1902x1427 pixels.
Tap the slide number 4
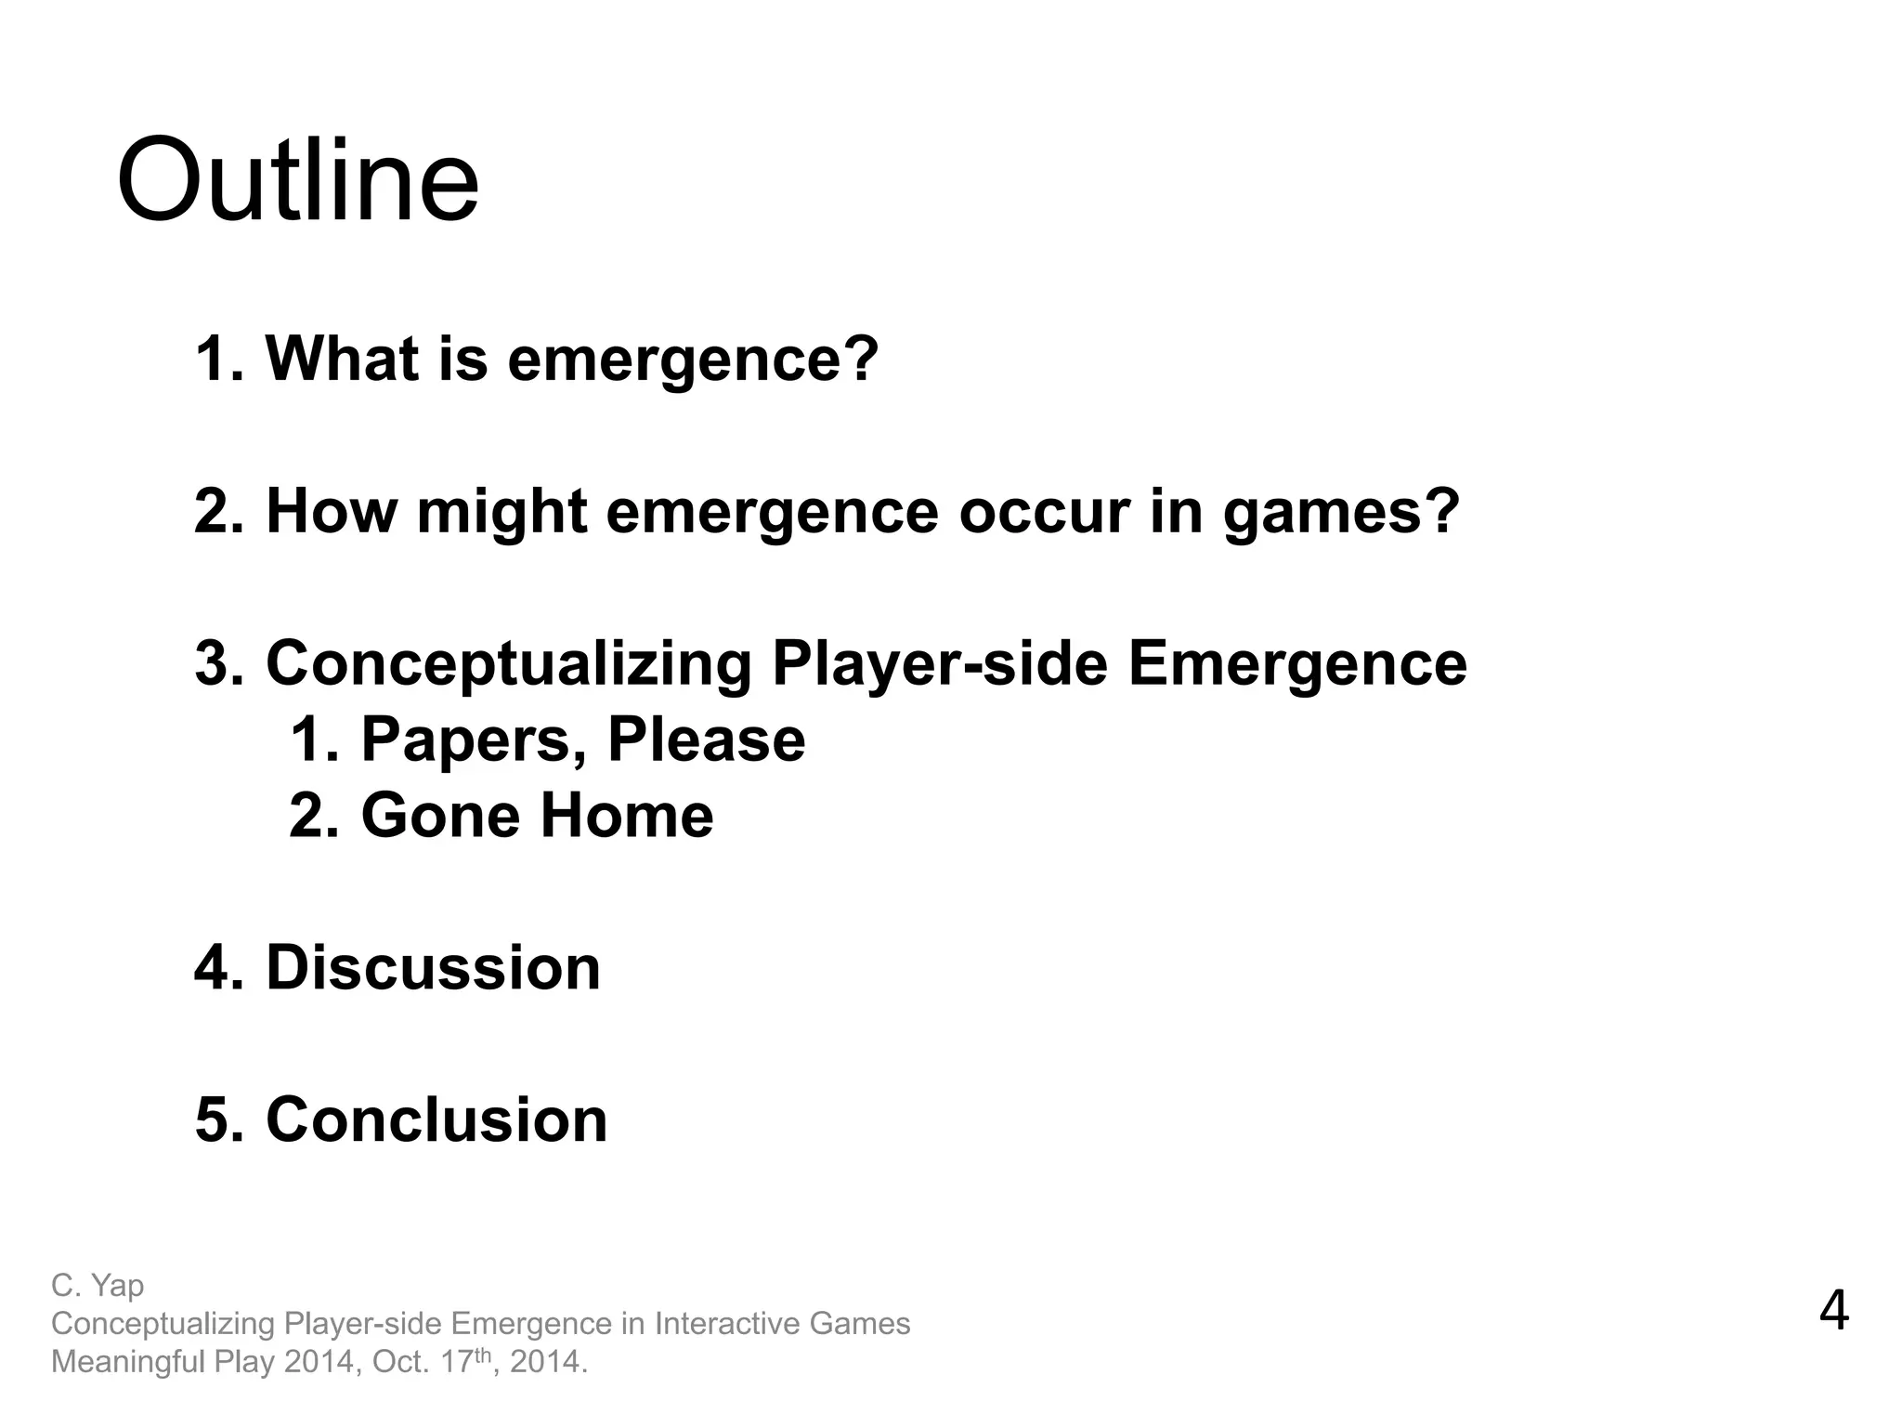(x=1833, y=1311)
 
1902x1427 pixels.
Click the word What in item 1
(x=342, y=358)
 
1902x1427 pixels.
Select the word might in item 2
(x=502, y=512)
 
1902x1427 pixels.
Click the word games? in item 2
(x=1341, y=512)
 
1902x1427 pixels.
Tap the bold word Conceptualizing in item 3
(x=508, y=664)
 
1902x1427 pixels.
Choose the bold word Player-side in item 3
(x=940, y=664)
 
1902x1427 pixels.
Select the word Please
(x=706, y=740)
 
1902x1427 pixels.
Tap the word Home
(x=627, y=816)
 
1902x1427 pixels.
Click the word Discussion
(x=433, y=968)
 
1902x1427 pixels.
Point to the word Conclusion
(x=436, y=1119)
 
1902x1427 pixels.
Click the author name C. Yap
(x=98, y=1286)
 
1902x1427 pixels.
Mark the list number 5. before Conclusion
(x=219, y=1119)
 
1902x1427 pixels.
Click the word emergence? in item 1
(x=692, y=358)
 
